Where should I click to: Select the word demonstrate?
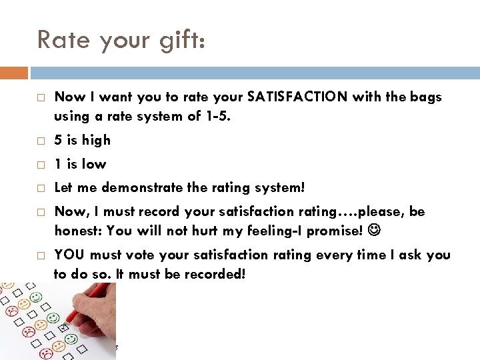click(145, 188)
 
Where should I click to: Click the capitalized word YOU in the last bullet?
click(69, 255)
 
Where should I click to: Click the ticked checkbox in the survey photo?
click(63, 328)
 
